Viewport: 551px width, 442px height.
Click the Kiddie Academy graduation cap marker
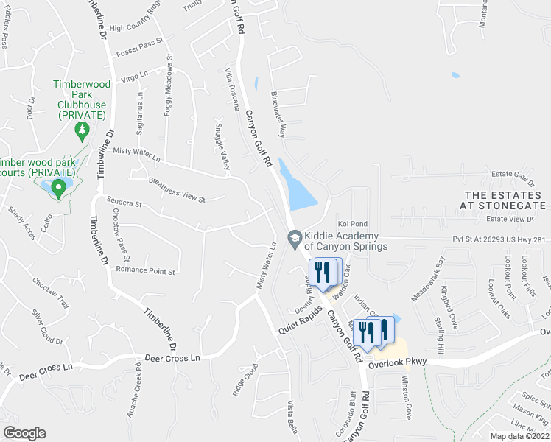pos(295,236)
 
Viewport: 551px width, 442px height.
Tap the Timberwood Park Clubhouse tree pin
pos(82,131)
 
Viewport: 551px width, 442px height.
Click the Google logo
pos(24,433)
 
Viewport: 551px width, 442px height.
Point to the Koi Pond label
pos(352,224)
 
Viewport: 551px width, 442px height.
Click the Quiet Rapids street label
pos(301,321)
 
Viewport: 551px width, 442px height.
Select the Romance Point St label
pos(145,271)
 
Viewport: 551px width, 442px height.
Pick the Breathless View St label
pos(176,189)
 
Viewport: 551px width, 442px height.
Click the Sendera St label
pos(123,200)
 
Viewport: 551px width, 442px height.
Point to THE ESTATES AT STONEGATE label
pos(505,200)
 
